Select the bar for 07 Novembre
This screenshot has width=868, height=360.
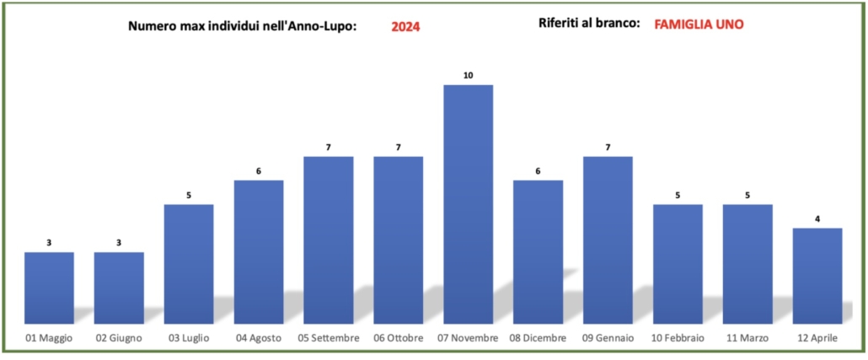468,204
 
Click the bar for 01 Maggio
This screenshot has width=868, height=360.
49,287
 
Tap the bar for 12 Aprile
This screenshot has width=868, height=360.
817,275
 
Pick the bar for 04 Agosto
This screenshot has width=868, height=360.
259,251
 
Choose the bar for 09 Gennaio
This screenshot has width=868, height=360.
608,239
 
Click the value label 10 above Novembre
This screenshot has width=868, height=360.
468,75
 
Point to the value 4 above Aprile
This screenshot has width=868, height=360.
817,218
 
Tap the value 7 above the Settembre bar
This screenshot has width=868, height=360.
329,148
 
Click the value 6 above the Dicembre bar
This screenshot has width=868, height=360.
538,171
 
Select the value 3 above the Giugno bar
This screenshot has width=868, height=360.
119,243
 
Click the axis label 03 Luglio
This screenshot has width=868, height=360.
189,338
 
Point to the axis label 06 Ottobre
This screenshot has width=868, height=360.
398,338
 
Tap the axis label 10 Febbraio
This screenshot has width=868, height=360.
678,338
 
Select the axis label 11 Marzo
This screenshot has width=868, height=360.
747,338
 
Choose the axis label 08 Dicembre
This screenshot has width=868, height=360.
538,338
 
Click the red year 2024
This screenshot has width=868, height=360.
405,27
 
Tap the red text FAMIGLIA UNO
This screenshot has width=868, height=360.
699,24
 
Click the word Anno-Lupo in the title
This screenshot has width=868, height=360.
320,26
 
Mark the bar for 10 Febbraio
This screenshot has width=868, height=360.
678,264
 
